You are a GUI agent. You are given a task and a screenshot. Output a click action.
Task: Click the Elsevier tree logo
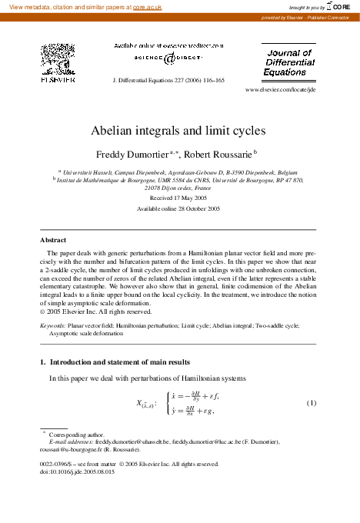pos(57,60)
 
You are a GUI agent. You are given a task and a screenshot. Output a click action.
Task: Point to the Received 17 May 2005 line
pos(178,198)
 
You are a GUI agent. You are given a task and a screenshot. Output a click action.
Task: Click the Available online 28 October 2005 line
pos(178,208)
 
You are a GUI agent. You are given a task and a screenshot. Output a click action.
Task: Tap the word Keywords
pos(52,326)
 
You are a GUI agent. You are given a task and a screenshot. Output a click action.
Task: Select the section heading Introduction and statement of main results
pos(127,361)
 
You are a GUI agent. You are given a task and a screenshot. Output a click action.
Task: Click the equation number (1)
pos(312,403)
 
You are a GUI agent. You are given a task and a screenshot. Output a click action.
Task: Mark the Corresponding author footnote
pos(75,435)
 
